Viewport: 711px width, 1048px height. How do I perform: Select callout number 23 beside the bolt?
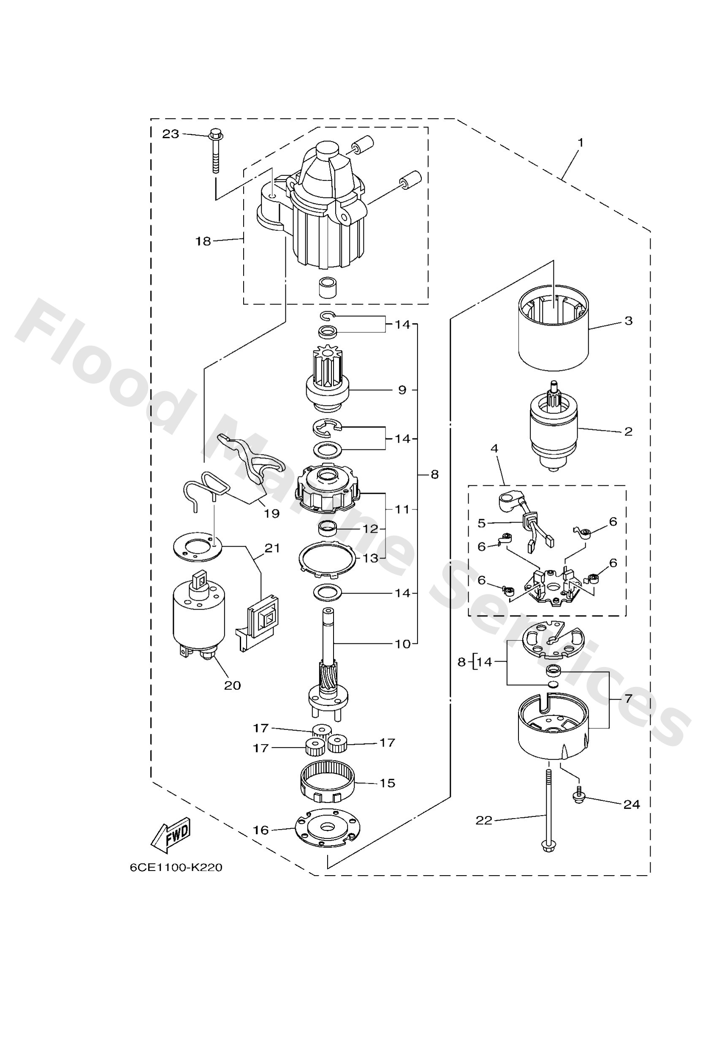click(x=171, y=134)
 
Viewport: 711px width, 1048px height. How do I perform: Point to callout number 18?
click(x=203, y=241)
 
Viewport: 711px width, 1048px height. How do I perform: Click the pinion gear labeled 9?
click(x=328, y=380)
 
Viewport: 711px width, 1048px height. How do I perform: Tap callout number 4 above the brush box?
click(x=494, y=448)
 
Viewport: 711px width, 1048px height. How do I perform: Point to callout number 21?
click(x=272, y=548)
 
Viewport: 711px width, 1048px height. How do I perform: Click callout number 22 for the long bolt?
click(x=484, y=820)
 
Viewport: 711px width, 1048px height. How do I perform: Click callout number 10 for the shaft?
click(x=403, y=644)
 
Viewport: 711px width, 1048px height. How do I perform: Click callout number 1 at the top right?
click(x=581, y=142)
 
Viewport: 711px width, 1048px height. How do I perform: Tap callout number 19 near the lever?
click(x=272, y=513)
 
